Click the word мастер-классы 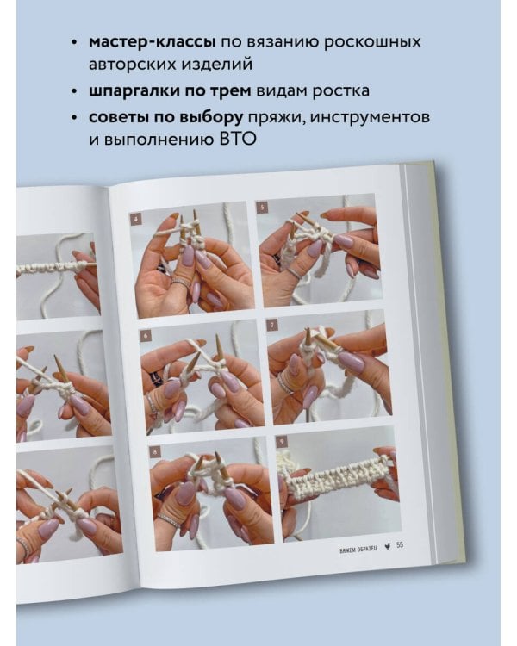point(153,42)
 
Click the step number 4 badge point(136,219)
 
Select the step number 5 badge point(262,208)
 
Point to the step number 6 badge point(146,336)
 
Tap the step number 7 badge point(272,326)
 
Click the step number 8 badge point(155,452)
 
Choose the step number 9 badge point(282,442)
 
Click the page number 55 point(400,545)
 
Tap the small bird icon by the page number point(388,547)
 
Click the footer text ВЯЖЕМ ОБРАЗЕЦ point(358,550)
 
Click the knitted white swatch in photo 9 point(337,479)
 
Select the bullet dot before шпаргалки point(74,91)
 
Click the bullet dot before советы point(74,118)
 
